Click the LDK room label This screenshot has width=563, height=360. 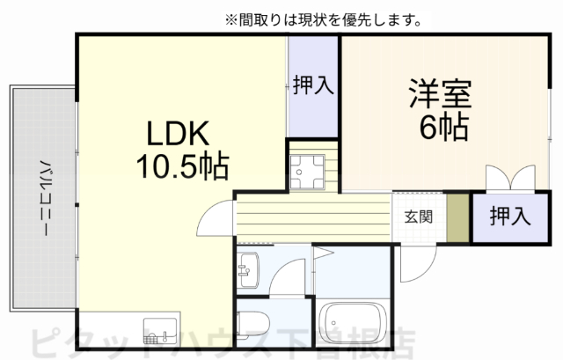177,134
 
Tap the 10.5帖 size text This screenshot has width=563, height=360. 181,164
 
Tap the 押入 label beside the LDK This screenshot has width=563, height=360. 312,85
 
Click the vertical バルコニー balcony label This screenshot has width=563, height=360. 42,197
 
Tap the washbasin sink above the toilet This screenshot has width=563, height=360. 247,265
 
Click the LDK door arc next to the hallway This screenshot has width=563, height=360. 214,217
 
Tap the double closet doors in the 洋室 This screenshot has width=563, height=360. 509,178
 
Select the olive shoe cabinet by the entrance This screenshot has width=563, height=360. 457,217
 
